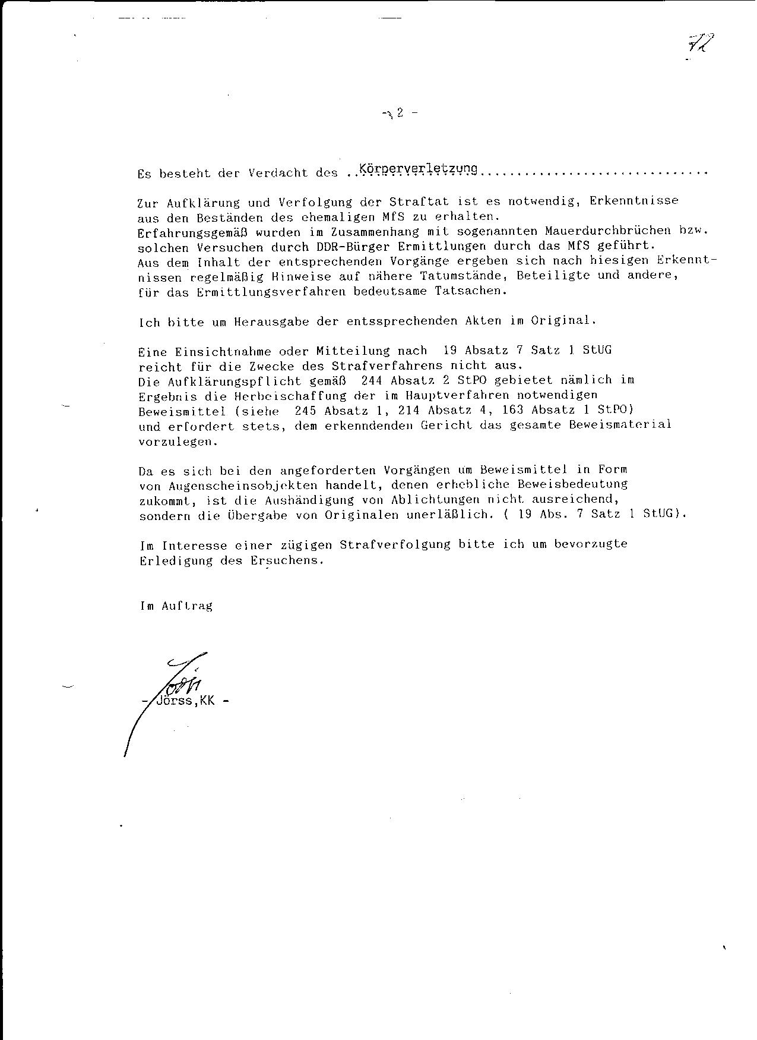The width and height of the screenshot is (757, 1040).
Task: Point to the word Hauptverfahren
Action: click(x=450, y=395)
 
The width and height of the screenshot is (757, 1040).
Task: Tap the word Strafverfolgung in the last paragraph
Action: click(x=395, y=544)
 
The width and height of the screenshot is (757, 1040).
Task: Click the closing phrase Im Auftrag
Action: click(x=176, y=606)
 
